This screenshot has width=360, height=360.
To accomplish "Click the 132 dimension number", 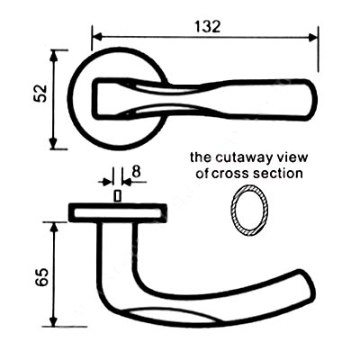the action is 207,26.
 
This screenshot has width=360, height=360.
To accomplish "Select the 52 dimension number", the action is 41,94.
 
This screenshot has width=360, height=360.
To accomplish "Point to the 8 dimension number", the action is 136,172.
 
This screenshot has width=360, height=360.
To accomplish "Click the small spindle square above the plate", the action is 118,196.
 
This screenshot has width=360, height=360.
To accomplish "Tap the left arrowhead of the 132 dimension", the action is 95,38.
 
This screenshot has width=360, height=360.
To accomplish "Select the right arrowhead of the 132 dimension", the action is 313,38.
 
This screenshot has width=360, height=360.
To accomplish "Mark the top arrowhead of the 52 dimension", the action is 54,55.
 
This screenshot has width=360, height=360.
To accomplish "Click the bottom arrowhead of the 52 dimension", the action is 54,143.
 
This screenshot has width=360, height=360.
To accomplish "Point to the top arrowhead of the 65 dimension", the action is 54,228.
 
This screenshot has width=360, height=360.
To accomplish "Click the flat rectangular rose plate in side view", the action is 118,212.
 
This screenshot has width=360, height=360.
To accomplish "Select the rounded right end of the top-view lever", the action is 312,101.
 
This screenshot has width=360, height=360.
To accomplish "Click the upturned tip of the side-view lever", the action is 308,281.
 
